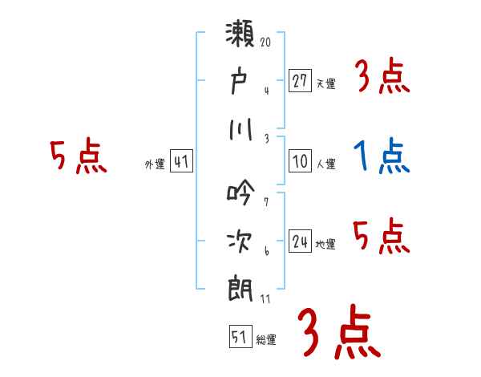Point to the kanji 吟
(240, 193)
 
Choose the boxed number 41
(181, 161)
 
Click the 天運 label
(325, 83)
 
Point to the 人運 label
(325, 164)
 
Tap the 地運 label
(325, 244)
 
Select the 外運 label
(155, 164)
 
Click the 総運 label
(266, 339)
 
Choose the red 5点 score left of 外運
(78, 156)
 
